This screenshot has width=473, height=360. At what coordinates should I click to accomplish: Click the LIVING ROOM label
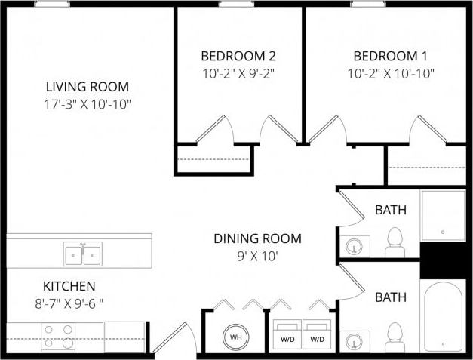click(x=87, y=86)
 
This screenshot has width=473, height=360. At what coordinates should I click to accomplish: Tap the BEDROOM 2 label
click(x=238, y=56)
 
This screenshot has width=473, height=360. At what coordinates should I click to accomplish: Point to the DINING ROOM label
click(x=257, y=238)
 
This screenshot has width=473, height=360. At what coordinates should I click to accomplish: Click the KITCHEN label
click(x=69, y=286)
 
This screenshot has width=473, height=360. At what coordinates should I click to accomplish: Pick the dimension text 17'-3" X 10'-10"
click(x=87, y=103)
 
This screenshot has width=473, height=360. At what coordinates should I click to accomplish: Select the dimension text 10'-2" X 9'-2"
click(x=238, y=73)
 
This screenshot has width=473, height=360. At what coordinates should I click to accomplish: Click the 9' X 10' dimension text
click(x=257, y=255)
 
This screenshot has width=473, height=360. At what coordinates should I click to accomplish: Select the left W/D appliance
click(x=287, y=336)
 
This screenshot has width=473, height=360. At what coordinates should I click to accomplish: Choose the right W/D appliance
click(x=317, y=336)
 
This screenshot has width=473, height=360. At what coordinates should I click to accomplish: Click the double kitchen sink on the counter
click(x=83, y=255)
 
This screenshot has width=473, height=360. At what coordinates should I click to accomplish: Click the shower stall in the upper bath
click(x=443, y=215)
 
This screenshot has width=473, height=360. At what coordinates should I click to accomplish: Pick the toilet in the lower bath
click(x=395, y=336)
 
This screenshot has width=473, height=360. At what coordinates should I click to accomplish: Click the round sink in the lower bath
click(x=353, y=342)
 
